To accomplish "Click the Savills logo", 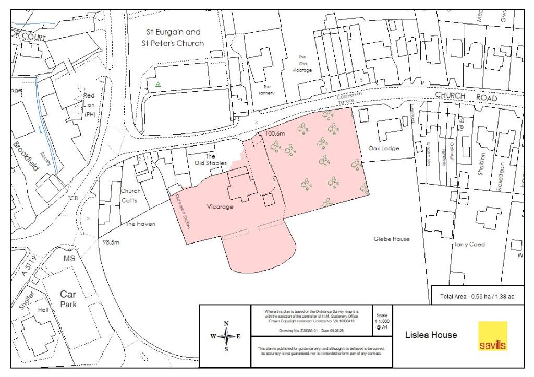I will [x=492, y=336].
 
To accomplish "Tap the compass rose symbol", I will [x=226, y=336].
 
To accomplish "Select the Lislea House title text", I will [x=431, y=335].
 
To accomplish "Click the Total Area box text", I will [x=477, y=296].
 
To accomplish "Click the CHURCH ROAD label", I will [x=466, y=97].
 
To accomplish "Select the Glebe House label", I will [x=392, y=239].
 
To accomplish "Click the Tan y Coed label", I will [x=469, y=245].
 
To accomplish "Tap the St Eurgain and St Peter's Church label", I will [x=173, y=38].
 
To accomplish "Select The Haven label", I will [x=141, y=224].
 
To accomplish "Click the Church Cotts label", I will [x=130, y=196].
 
